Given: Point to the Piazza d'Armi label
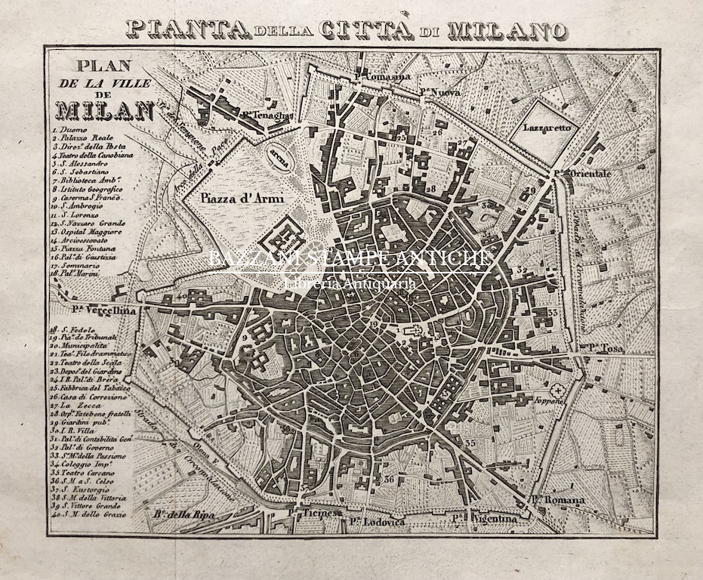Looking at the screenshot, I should click(x=237, y=199).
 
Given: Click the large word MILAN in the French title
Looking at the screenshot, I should click(x=103, y=110).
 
